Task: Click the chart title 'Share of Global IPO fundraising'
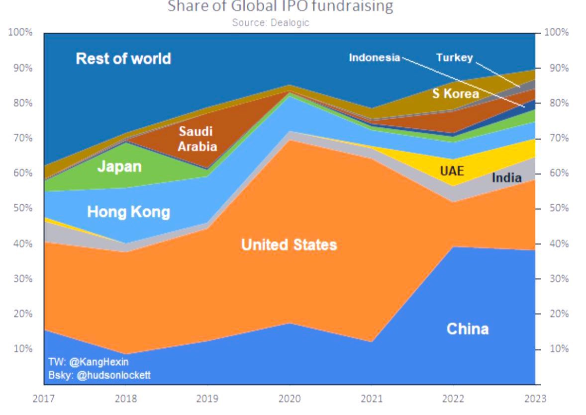(x=280, y=6)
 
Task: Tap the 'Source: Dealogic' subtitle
(x=271, y=22)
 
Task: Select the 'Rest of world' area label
(x=123, y=59)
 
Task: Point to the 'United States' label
(x=289, y=245)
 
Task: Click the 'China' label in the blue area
(x=467, y=329)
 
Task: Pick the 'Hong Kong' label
(x=128, y=212)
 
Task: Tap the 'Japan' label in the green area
(x=119, y=166)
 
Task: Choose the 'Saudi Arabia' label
(x=197, y=139)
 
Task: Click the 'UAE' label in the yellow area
(x=452, y=171)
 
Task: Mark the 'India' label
(x=506, y=177)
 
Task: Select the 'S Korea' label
(x=455, y=93)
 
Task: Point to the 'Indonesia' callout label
(x=374, y=57)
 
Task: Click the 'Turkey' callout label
(x=454, y=57)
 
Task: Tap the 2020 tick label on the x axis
(x=289, y=399)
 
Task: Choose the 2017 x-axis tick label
(x=44, y=399)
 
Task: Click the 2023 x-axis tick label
(x=535, y=399)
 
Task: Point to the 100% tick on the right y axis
(x=556, y=32)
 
